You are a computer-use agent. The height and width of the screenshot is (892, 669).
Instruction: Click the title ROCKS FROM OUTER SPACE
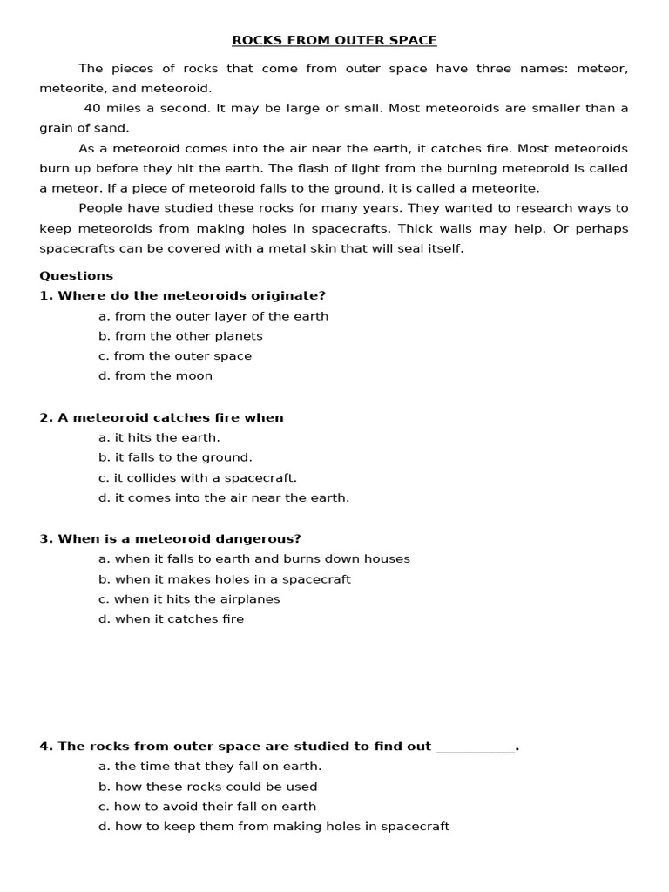tap(334, 40)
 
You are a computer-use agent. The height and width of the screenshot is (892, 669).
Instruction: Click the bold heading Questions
tap(76, 275)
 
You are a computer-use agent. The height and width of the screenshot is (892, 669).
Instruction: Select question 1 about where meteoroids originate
tap(182, 295)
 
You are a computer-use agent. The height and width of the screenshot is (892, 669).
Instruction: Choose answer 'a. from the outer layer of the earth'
tap(213, 316)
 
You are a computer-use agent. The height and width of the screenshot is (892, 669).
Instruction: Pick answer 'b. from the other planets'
tap(180, 336)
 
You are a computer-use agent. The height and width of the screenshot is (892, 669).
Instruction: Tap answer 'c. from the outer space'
tap(175, 356)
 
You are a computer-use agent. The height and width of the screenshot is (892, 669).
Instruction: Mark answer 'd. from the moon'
tap(155, 376)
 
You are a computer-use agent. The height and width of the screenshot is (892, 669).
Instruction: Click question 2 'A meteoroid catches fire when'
tap(161, 417)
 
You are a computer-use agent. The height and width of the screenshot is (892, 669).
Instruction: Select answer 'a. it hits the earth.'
tap(159, 437)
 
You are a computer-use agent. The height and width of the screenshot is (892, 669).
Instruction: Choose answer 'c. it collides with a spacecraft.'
tap(198, 478)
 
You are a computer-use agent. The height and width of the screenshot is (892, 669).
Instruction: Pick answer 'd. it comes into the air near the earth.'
tap(224, 498)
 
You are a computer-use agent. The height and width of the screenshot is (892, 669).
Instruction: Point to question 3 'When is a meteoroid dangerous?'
tap(170, 538)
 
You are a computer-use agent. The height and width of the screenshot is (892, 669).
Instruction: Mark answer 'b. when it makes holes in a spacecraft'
tap(225, 579)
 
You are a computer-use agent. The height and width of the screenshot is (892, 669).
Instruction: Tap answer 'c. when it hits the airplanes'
tap(189, 599)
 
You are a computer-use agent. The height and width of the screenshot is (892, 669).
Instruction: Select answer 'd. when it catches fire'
tap(171, 619)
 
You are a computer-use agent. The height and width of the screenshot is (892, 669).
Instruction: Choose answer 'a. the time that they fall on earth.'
tap(210, 767)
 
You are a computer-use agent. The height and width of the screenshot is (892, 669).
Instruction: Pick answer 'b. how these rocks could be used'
tap(207, 787)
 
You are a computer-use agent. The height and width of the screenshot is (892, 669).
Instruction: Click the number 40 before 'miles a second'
tap(91, 108)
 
